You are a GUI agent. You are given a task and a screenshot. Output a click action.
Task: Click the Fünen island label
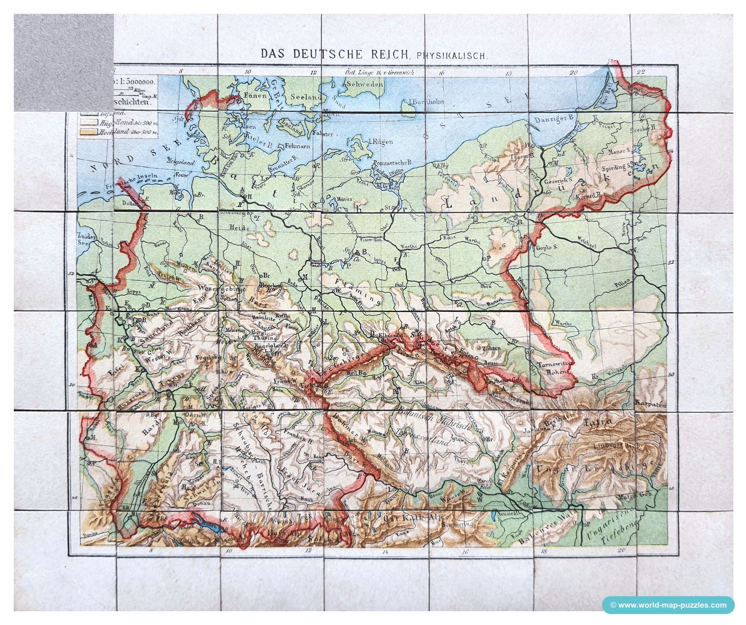[x=255, y=95]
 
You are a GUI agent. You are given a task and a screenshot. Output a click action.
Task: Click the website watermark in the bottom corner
[x=668, y=605]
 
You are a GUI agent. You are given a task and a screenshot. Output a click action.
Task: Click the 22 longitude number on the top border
[x=641, y=71]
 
